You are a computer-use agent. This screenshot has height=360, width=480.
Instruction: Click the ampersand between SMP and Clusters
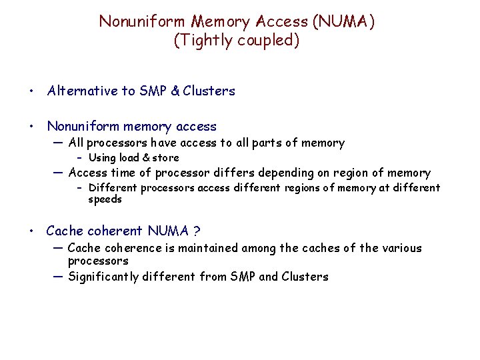click(175, 91)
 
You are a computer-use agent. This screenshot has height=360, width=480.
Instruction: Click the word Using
click(103, 158)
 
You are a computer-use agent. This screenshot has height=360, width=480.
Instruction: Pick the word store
click(166, 158)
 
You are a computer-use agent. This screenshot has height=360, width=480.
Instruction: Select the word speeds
click(105, 199)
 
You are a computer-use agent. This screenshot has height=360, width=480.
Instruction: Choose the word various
click(400, 248)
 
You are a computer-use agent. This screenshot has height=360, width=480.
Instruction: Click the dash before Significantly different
click(57, 276)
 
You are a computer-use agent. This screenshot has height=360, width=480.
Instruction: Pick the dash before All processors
click(57, 142)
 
